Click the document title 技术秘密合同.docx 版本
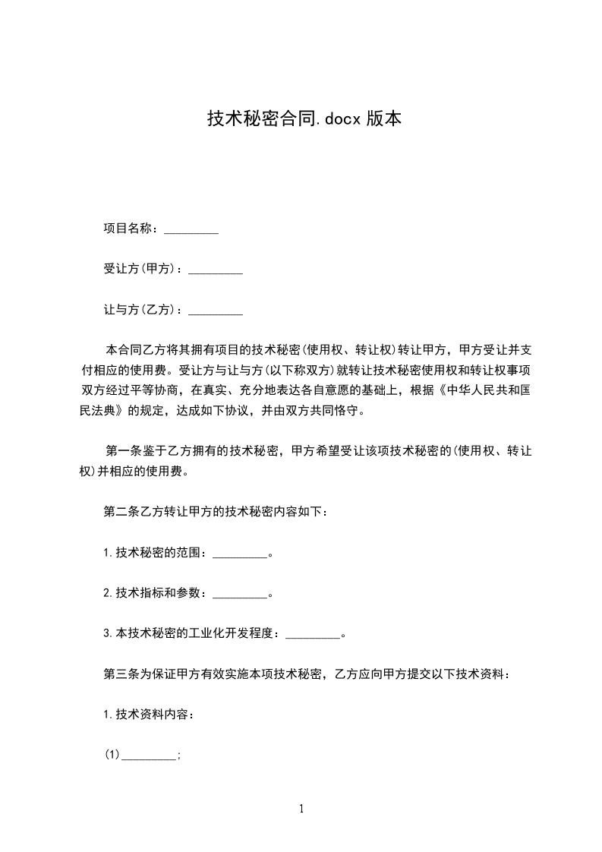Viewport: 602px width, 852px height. click(x=304, y=118)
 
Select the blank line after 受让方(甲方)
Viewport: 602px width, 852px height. click(x=215, y=270)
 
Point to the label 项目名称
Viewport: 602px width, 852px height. click(x=130, y=229)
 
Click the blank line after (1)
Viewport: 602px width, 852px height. click(x=149, y=755)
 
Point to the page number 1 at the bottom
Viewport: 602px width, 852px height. click(x=301, y=809)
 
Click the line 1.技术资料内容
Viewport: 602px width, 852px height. click(x=149, y=714)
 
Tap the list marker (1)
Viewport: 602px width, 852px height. click(x=112, y=755)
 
